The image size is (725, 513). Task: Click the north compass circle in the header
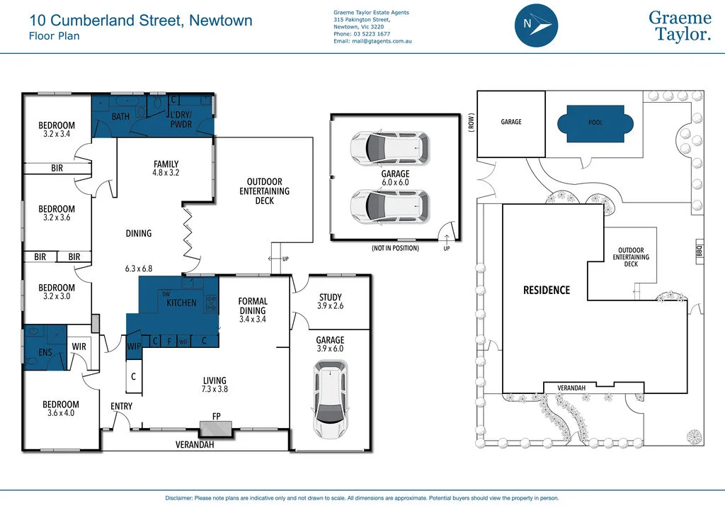(536, 25)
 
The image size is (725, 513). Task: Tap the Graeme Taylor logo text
(680, 26)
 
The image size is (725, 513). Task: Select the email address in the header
(372, 42)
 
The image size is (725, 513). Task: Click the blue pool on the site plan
(595, 123)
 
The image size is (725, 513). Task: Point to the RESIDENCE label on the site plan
(546, 291)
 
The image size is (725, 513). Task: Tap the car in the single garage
(329, 398)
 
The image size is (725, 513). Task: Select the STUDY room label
(330, 298)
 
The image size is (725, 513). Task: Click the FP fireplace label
(216, 417)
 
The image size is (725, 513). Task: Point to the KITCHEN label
(181, 303)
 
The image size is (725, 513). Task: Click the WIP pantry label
(134, 346)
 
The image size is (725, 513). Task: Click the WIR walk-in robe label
(79, 346)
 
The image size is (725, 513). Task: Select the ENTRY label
(121, 407)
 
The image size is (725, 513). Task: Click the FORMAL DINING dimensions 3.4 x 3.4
(252, 320)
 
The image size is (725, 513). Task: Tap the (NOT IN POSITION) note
(395, 249)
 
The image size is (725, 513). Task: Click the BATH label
(120, 116)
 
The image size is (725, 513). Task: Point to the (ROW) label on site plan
(471, 122)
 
